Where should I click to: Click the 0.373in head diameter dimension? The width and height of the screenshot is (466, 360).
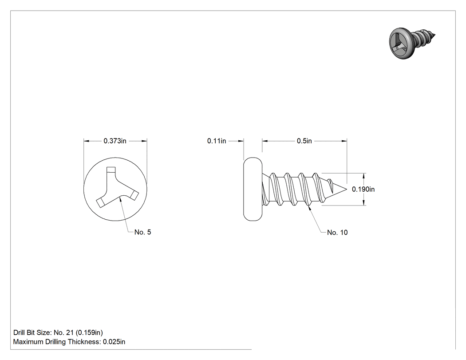(x=115, y=141)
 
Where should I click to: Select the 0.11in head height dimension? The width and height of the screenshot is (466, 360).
(x=217, y=141)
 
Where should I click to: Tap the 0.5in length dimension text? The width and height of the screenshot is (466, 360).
(x=304, y=141)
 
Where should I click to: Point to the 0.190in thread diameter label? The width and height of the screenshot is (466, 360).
(x=363, y=189)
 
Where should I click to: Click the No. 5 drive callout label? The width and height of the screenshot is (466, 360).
(x=142, y=232)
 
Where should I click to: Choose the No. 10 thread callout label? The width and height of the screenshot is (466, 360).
(x=337, y=233)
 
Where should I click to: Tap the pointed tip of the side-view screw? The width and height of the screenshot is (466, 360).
(x=347, y=189)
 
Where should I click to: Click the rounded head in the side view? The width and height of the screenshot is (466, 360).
(x=253, y=189)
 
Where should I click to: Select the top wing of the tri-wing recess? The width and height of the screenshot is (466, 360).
(x=111, y=175)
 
